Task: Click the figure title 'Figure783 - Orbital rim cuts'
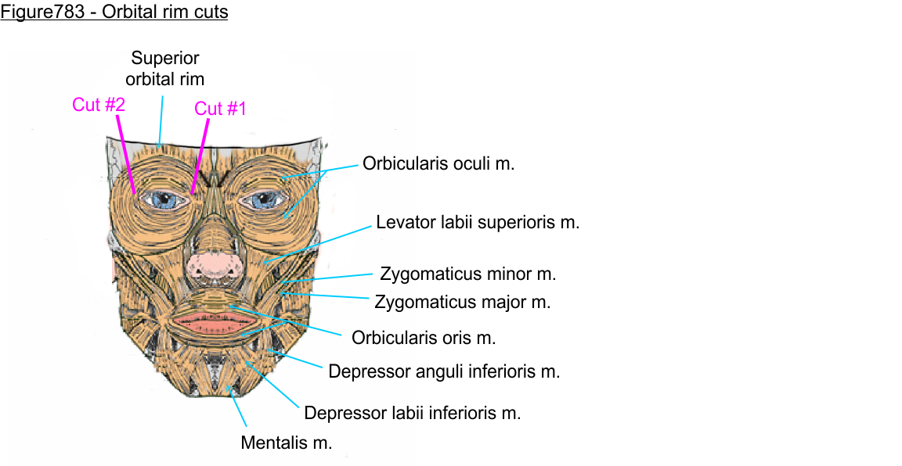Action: pos(114,13)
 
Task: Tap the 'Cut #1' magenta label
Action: pos(220,109)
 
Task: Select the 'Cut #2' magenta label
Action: pos(99,104)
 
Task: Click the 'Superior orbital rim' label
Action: pos(165,68)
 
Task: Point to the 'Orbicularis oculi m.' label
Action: pos(438,164)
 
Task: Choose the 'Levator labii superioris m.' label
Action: pos(478,222)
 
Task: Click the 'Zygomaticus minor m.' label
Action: pos(468,274)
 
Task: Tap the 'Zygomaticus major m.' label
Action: pos(463,302)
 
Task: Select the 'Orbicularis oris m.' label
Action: pos(424,338)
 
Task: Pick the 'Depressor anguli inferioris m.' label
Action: pos(444,371)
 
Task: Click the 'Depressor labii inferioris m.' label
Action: pos(413,413)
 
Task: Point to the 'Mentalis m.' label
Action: pos(287,443)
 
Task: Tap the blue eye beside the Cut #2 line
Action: pos(165,199)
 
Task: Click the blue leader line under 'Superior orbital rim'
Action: pos(161,120)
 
